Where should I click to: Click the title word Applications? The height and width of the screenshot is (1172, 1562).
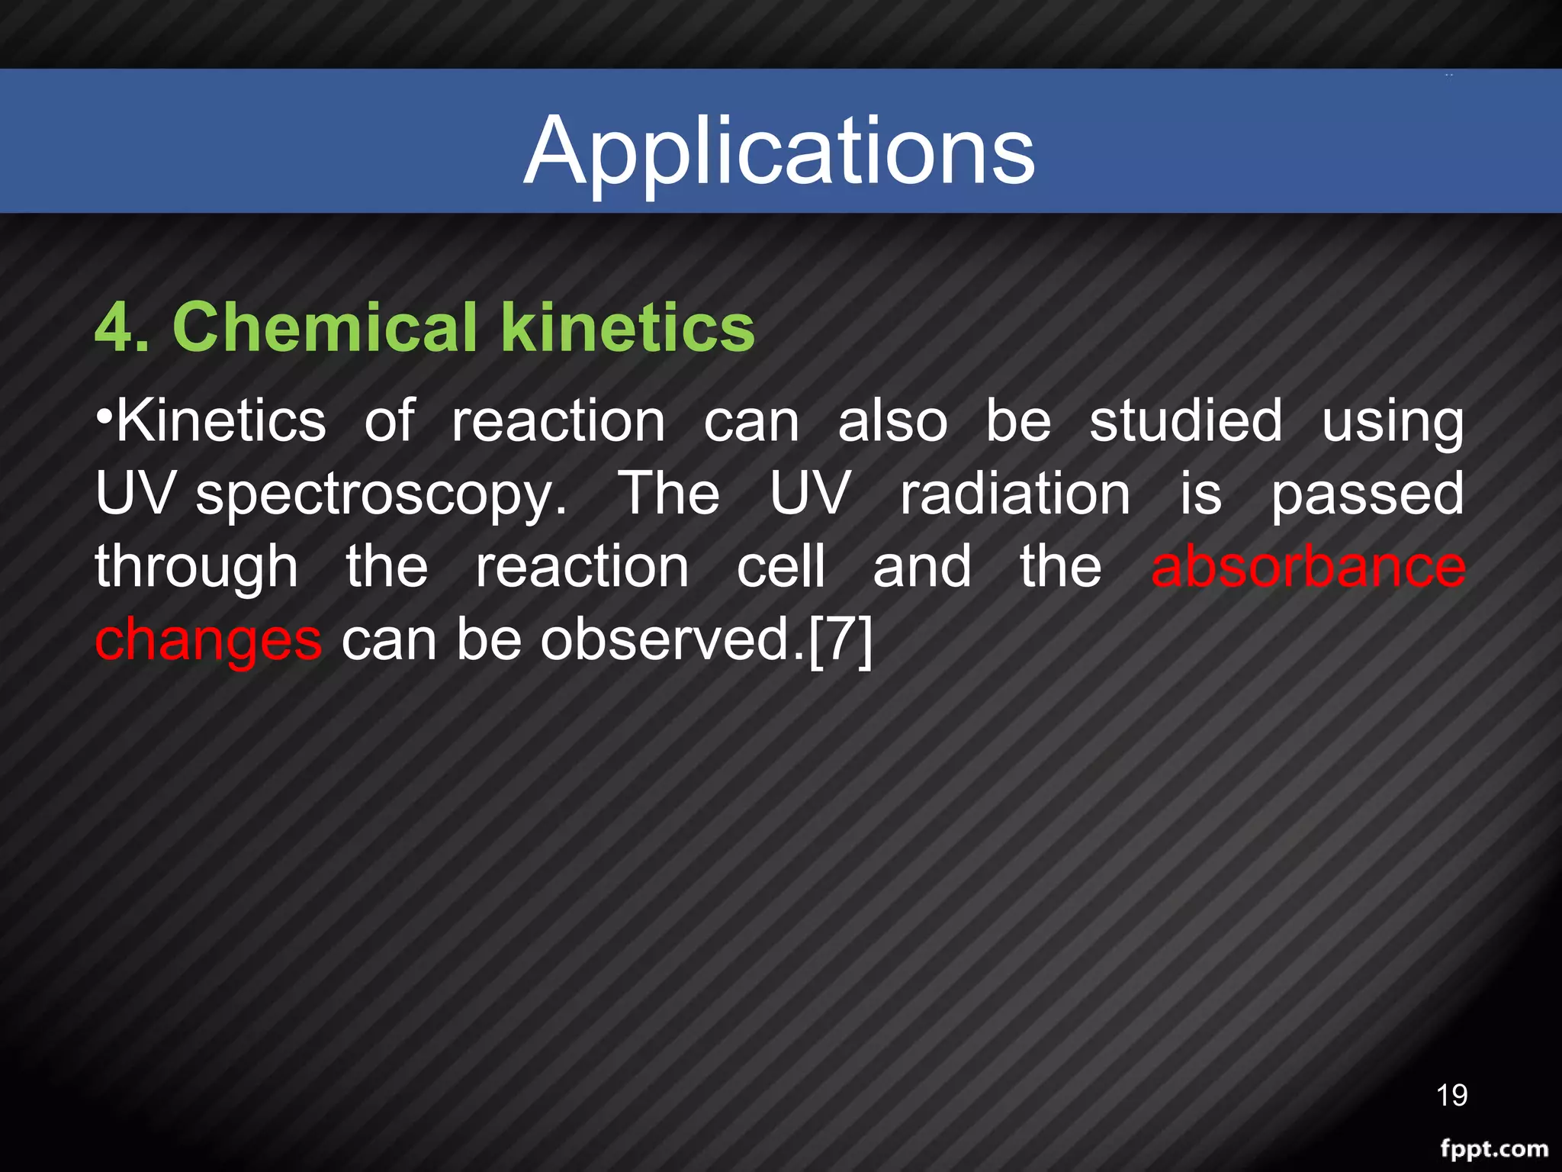click(x=779, y=150)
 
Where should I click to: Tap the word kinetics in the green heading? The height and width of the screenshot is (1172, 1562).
click(x=627, y=327)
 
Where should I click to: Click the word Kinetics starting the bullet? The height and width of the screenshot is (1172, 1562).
click(x=221, y=421)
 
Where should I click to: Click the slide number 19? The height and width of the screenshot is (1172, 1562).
click(x=1451, y=1095)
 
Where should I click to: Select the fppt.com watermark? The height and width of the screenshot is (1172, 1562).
click(x=1493, y=1148)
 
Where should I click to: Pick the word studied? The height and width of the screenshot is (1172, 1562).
click(x=1185, y=421)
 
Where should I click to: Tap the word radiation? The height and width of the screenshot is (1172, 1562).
click(x=1014, y=494)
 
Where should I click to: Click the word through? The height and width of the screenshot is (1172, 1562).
click(x=196, y=568)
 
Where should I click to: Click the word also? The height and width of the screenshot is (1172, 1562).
click(x=892, y=421)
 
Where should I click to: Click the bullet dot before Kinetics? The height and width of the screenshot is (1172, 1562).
click(x=104, y=417)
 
